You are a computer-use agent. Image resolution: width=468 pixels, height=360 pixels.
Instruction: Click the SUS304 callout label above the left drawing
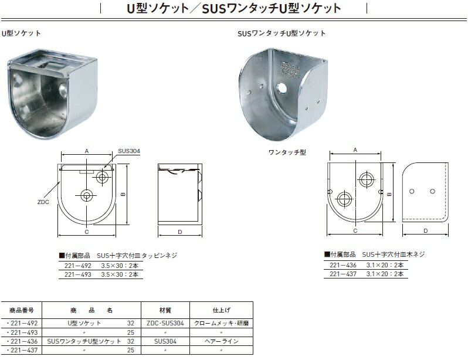(128, 151)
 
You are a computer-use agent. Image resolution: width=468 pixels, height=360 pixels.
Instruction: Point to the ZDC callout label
(43, 202)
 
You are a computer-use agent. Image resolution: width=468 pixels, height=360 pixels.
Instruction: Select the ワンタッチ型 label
(287, 152)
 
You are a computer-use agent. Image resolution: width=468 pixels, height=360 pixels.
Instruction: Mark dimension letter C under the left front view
(86, 232)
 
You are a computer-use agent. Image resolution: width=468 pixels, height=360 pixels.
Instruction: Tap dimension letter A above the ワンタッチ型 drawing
(355, 151)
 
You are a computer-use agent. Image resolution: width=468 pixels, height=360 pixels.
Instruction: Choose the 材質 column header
(164, 310)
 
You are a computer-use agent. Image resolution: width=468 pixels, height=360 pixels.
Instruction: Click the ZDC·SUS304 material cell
(165, 323)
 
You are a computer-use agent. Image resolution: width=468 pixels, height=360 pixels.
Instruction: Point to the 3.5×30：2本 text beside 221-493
(121, 274)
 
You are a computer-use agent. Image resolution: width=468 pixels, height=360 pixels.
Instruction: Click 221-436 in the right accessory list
(344, 265)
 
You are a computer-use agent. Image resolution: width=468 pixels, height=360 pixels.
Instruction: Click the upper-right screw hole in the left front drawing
(103, 176)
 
